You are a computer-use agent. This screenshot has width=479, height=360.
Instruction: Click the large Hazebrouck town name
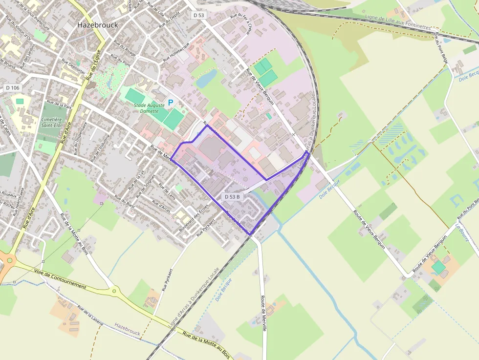[98, 25]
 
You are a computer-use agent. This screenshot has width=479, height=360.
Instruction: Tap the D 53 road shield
[198, 16]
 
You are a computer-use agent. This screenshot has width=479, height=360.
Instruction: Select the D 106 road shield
[13, 87]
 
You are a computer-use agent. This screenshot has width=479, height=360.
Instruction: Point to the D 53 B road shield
[233, 196]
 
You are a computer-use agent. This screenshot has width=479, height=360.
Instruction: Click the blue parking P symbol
[171, 103]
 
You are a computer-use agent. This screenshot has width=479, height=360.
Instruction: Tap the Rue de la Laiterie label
[90, 316]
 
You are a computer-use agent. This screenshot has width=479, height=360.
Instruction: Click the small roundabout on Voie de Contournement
[115, 292]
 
